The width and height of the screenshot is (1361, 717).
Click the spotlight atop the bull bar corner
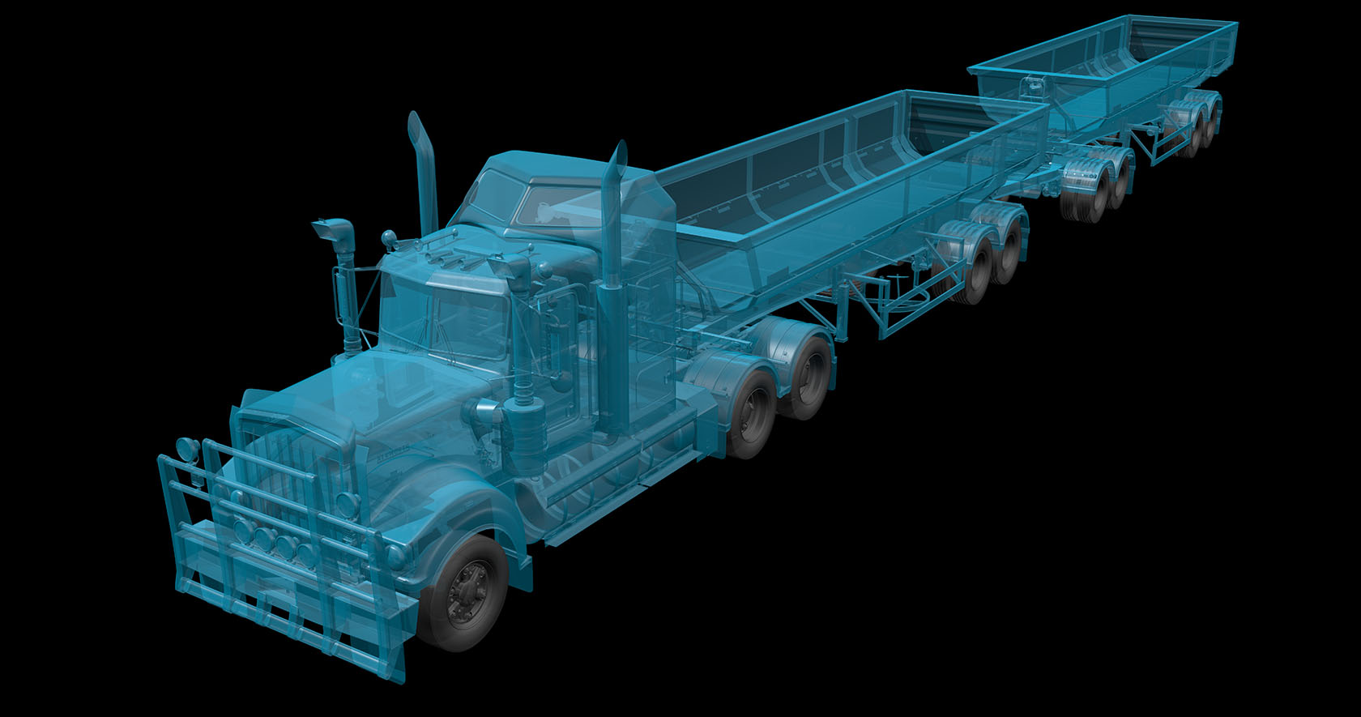186,448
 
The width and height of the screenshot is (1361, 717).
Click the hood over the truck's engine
381,397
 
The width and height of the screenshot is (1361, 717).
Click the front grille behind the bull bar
279,470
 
